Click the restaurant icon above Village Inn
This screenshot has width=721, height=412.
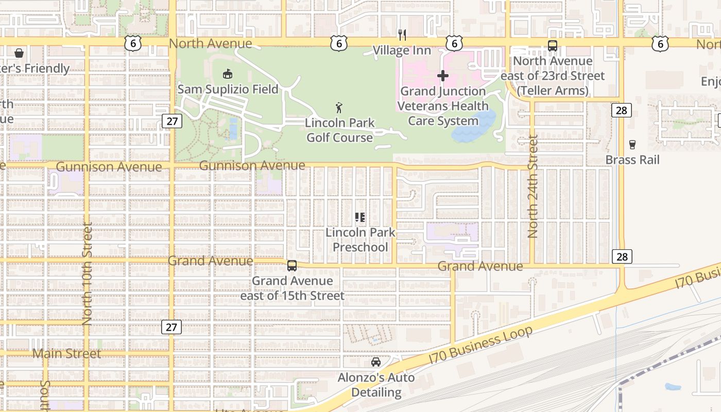pos(402,35)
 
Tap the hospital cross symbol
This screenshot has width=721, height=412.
pos(442,76)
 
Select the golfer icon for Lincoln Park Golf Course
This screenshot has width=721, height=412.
pos(339,108)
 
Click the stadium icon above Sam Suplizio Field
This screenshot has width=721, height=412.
pos(227,74)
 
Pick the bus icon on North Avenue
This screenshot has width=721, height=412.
pos(553,46)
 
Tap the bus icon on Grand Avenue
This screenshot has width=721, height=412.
pos(292,266)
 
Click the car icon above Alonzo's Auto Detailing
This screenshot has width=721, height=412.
pos(376,362)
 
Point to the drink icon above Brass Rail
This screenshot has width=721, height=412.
pos(632,145)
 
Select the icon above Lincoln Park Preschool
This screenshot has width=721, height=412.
pos(360,217)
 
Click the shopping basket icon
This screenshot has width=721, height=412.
pos(19,53)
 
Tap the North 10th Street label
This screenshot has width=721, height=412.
pos(87,273)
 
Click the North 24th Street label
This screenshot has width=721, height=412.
pos(533,186)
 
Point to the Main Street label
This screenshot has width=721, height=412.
pos(67,354)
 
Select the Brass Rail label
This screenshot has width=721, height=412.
pos(632,160)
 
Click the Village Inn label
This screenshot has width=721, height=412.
pos(402,50)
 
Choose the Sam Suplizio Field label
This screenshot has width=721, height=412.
pos(228,89)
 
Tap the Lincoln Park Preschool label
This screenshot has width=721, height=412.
pos(360,239)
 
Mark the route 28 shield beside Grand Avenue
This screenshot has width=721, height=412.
pos(622,256)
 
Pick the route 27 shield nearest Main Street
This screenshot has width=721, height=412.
pos(171,327)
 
